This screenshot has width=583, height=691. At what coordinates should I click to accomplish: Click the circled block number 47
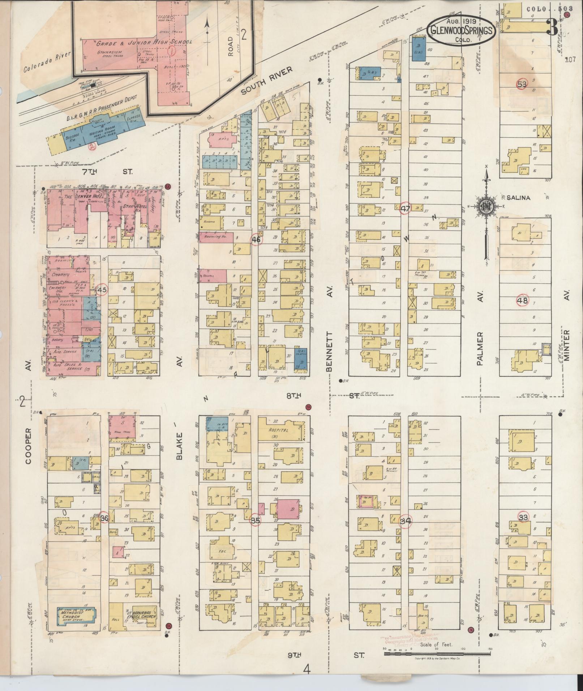406,208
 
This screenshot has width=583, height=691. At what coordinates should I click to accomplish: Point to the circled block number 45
102,289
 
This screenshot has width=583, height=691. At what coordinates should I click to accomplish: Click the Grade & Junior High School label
144,43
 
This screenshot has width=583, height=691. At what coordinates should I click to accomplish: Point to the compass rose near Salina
485,207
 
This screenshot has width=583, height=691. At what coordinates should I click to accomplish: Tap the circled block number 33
523,517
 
